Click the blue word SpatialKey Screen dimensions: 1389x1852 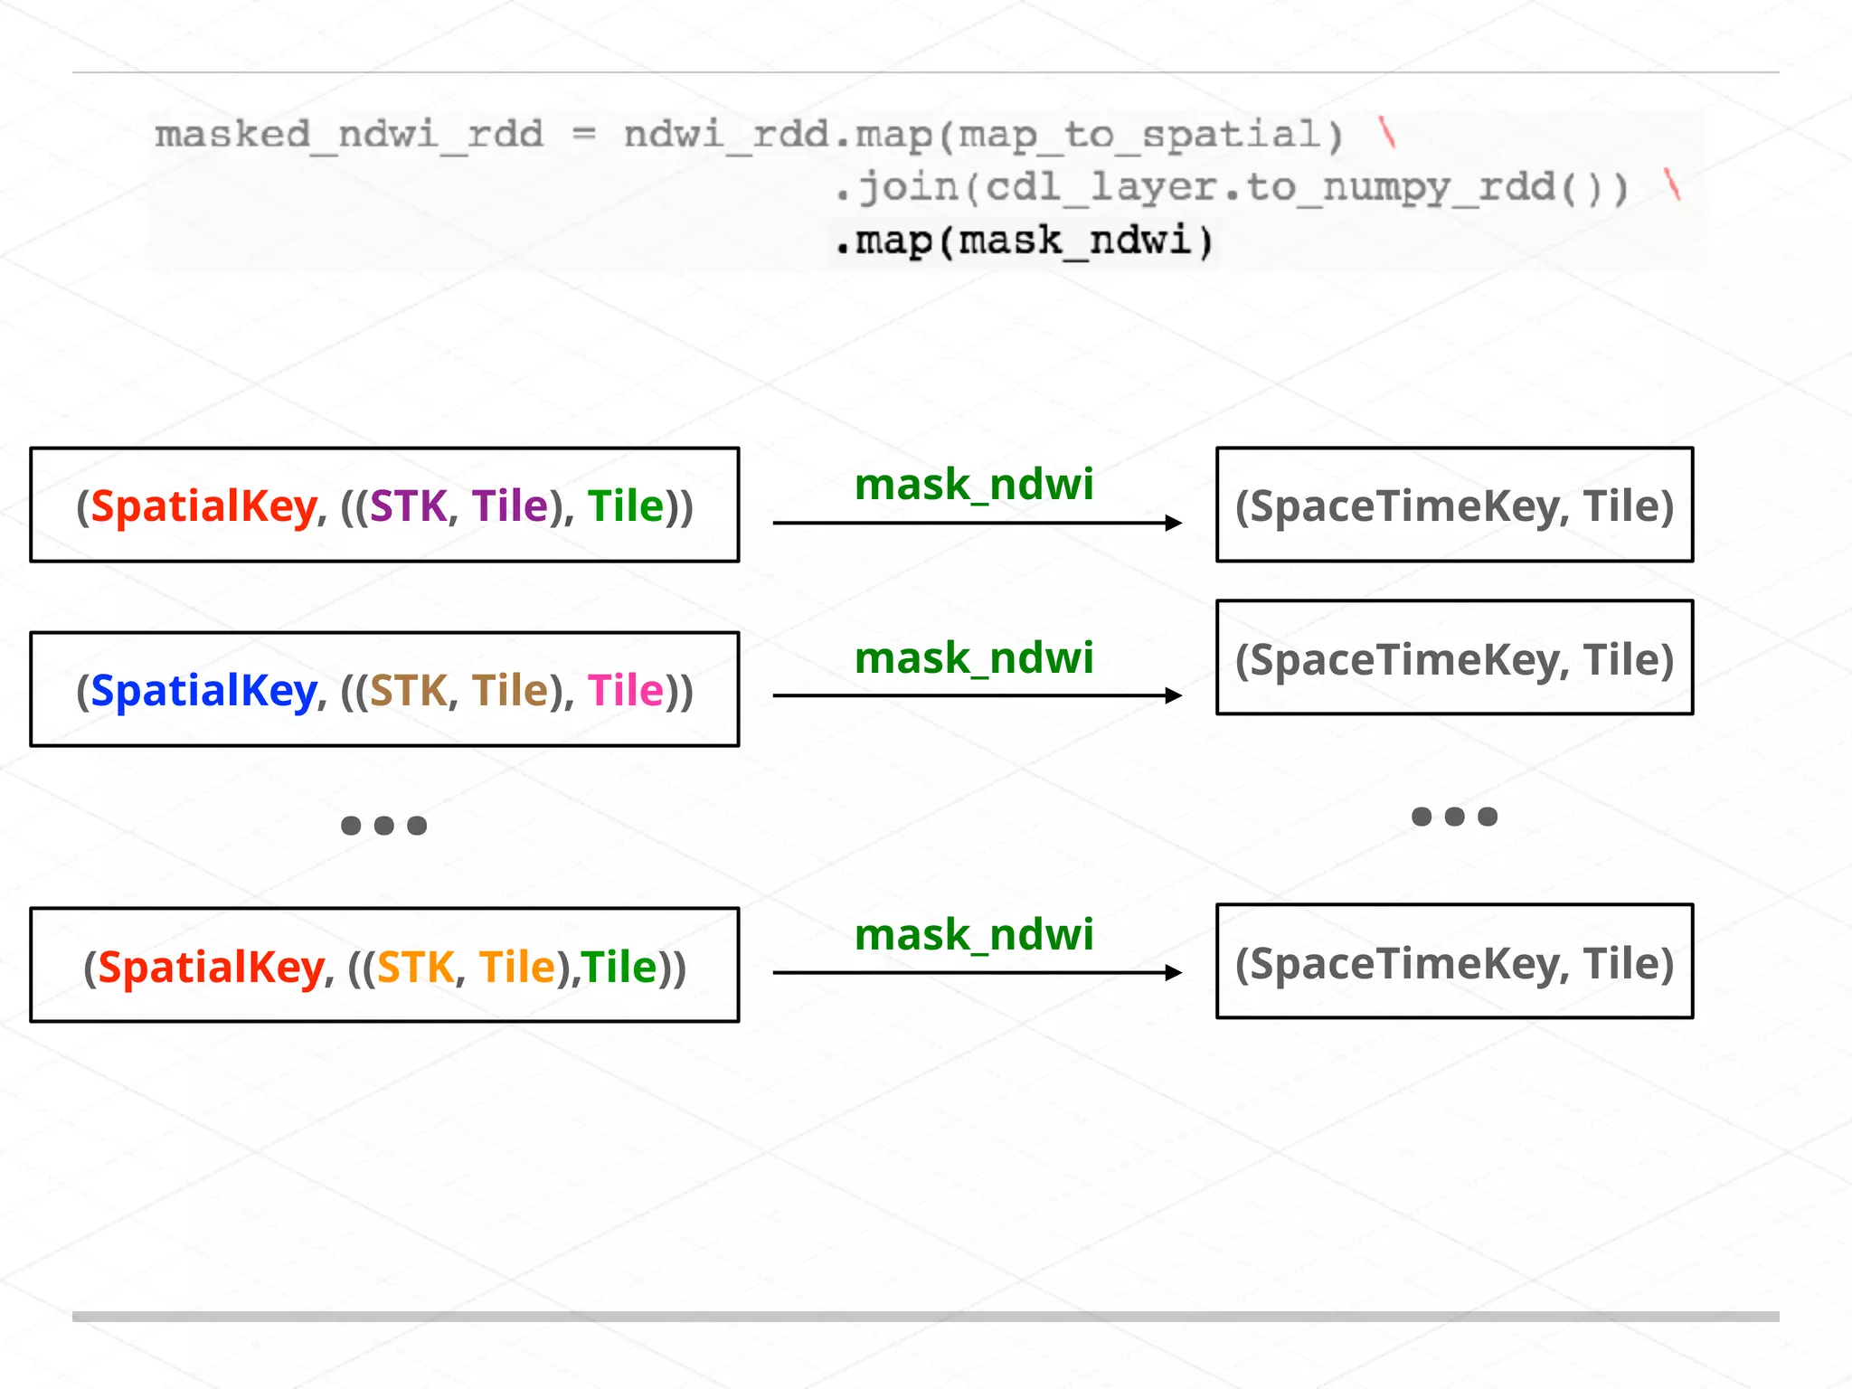pyautogui.click(x=203, y=691)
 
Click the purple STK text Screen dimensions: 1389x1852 pyautogui.click(x=408, y=506)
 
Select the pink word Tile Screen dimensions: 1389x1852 pyautogui.click(x=626, y=691)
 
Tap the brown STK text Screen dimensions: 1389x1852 pyautogui.click(x=408, y=691)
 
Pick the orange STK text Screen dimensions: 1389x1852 pyautogui.click(x=415, y=968)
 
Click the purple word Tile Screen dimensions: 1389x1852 pyautogui.click(x=510, y=506)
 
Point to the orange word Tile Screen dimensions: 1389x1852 pyautogui.click(x=517, y=968)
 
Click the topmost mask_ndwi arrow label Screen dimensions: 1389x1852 pyautogui.click(x=974, y=485)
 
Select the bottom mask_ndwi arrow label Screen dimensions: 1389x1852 pyautogui.click(x=974, y=935)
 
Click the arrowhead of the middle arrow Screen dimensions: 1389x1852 pyautogui.click(x=1174, y=695)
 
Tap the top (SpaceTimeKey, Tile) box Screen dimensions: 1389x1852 pyautogui.click(x=1454, y=505)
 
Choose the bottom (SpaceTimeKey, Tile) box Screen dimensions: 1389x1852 pyautogui.click(x=1454, y=961)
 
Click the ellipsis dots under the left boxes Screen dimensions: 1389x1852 pyautogui.click(x=383, y=825)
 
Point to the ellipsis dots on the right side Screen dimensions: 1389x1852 pyautogui.click(x=1454, y=817)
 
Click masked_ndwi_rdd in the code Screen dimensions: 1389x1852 pyautogui.click(x=349, y=135)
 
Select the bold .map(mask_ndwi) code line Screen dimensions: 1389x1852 pyautogui.click(x=1024, y=241)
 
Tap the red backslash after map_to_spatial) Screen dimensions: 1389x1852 pyautogui.click(x=1387, y=134)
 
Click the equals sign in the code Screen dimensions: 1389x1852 pyautogui.click(x=584, y=135)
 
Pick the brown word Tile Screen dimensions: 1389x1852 pyautogui.click(x=510, y=691)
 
